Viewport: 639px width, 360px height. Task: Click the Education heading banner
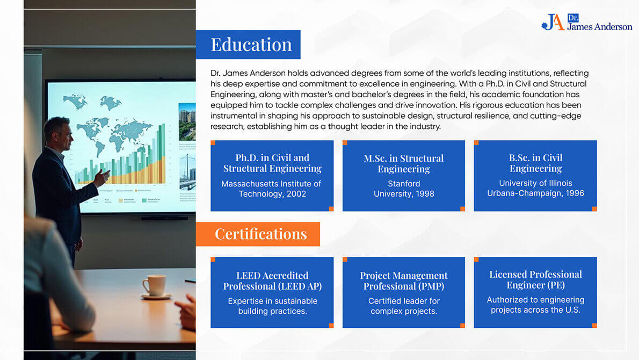(x=248, y=45)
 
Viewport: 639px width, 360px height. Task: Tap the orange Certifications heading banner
(x=258, y=234)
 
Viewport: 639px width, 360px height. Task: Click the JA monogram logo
(x=554, y=22)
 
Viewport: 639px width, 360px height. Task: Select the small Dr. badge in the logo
(x=573, y=18)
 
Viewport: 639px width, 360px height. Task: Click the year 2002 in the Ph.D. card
(x=296, y=194)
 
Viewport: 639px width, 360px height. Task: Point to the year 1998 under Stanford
(x=424, y=194)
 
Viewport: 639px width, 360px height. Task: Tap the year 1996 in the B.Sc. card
(x=575, y=193)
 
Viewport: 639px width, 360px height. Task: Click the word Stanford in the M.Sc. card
(x=404, y=184)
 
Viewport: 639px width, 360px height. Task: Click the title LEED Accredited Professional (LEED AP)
(x=272, y=281)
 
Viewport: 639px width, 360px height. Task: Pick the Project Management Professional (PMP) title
(x=404, y=281)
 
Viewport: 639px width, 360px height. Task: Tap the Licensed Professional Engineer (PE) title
(x=535, y=280)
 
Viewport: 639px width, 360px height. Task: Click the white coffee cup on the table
(x=155, y=285)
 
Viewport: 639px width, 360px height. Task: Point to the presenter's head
(x=58, y=132)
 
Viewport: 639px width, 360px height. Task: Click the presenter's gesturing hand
(x=101, y=178)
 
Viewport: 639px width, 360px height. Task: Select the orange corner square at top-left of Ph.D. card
(x=213, y=143)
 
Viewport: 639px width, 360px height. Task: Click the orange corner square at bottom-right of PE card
(x=594, y=326)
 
